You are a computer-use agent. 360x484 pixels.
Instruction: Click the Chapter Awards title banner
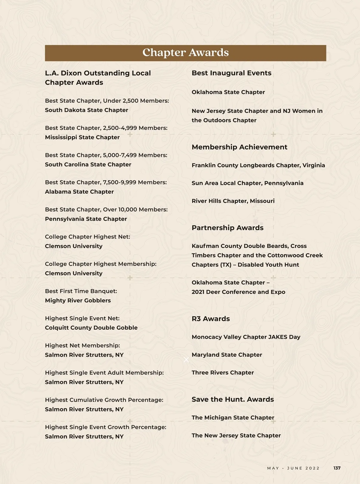185,53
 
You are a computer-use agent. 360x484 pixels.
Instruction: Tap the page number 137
337,468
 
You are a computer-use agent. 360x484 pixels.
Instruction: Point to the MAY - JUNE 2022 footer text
293,468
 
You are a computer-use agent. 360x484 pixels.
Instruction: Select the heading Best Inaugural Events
231,73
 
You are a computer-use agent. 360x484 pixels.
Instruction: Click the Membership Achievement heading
239,147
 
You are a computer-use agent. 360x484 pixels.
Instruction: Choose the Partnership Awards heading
227,228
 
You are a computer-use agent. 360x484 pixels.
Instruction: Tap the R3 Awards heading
211,319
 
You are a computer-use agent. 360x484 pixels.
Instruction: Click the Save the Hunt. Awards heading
232,399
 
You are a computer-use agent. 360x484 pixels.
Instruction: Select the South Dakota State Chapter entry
86,110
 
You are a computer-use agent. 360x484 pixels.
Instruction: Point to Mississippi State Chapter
82,137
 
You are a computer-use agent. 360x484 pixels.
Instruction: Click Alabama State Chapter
79,192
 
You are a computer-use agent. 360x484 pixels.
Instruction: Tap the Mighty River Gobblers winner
78,301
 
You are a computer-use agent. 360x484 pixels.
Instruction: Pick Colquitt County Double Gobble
91,328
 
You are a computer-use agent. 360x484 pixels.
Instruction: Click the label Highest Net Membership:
82,346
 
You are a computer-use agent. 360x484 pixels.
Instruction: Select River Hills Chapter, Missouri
233,201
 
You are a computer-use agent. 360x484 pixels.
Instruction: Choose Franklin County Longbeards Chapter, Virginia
258,165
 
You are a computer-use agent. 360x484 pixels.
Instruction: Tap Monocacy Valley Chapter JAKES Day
246,337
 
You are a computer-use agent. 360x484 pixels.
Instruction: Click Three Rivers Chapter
223,373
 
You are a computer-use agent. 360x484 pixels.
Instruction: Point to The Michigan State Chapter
233,418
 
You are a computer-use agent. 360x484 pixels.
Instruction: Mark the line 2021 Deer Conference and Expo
238,292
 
